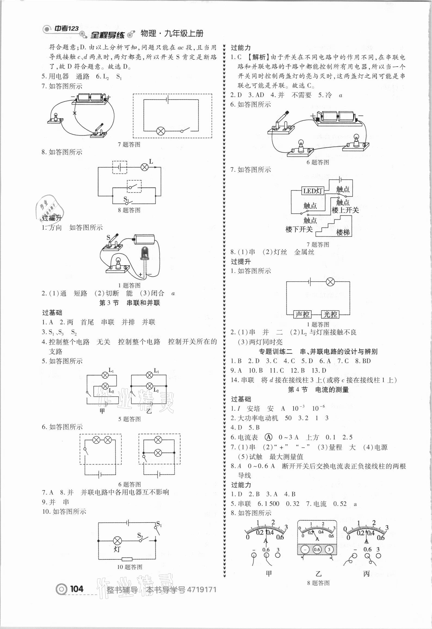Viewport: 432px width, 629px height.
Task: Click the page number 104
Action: click(76, 589)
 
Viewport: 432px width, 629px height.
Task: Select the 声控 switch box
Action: click(303, 315)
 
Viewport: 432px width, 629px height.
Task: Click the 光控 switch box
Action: click(330, 315)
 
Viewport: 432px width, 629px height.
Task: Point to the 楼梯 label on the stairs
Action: click(343, 232)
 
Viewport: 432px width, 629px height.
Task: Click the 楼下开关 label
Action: click(299, 229)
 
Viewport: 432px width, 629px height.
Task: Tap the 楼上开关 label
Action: click(345, 210)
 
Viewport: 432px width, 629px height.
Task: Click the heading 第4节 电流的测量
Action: click(318, 390)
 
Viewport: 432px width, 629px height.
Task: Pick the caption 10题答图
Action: click(129, 567)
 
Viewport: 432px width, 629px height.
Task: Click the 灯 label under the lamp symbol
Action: click(117, 549)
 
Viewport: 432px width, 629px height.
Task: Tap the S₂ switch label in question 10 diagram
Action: click(140, 536)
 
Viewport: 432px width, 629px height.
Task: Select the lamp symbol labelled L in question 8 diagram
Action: click(144, 167)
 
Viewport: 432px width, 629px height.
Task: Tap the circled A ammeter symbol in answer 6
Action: click(268, 437)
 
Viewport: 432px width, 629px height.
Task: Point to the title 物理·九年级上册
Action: click(172, 34)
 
